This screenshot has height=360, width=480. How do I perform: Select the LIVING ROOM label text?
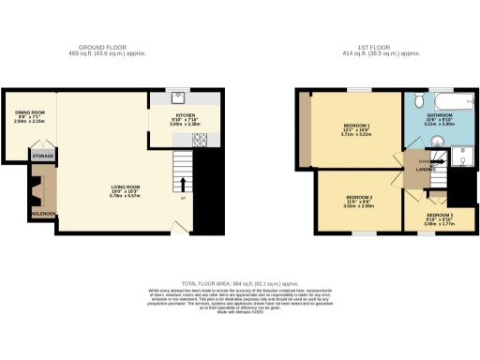(125, 187)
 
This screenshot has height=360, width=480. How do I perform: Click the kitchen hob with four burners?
(200, 140)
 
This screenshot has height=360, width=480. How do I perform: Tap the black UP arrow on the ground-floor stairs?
(183, 184)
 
